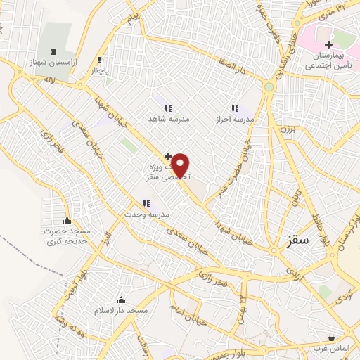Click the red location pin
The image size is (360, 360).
pos(181,165)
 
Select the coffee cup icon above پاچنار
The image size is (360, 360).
pos(100,59)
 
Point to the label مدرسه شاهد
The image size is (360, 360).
pos(168,120)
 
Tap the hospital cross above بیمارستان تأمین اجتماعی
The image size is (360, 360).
pos(328,44)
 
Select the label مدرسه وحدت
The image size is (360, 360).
pos(147,214)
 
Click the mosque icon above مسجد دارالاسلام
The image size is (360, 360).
pos(122,300)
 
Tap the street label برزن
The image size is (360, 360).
pos(285,129)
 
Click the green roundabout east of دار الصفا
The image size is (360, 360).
pos(268,87)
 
